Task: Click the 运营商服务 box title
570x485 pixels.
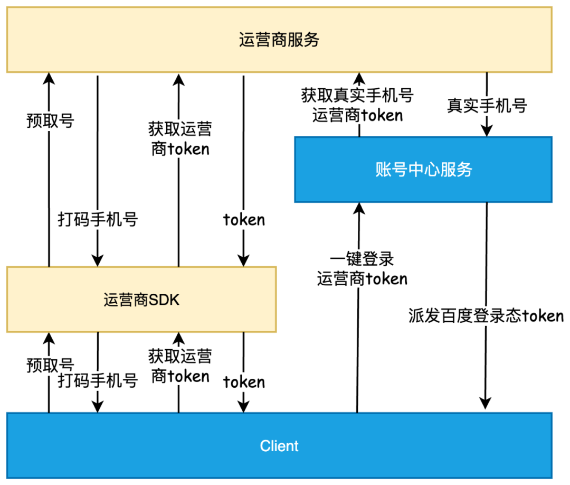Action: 279,40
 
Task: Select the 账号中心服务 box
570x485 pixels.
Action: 423,170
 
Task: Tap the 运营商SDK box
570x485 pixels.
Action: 141,300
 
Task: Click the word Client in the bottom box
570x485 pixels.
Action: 279,446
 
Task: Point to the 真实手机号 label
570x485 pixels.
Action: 487,105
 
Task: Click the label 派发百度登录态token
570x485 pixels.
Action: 486,316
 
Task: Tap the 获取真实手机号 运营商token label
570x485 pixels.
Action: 358,105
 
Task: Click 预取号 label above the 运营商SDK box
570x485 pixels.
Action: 50,121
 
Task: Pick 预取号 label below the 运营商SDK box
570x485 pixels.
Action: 50,365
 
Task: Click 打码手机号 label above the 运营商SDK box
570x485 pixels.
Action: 98,219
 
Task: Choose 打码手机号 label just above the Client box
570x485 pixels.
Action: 98,380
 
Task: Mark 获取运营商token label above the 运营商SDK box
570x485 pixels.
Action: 180,139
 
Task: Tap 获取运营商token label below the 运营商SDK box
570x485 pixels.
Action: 180,366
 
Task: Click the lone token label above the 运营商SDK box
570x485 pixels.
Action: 244,219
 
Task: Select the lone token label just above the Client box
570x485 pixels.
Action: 244,381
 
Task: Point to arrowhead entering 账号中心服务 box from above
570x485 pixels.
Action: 487,131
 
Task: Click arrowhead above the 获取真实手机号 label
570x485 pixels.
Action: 358,78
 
